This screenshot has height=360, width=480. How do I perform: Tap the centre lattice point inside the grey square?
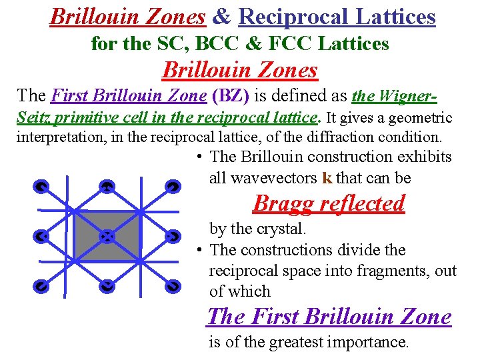107,236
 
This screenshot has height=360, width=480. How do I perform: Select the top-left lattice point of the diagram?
41,187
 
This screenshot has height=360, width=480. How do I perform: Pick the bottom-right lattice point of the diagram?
172,286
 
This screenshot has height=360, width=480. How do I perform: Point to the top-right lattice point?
172,187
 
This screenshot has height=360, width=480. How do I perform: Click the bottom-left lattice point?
41,286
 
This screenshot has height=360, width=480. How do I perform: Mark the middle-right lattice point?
172,236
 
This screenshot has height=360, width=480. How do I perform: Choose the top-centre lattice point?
106,187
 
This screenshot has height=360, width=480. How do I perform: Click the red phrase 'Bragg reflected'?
329,203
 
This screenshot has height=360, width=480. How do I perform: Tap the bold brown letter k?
327,178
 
